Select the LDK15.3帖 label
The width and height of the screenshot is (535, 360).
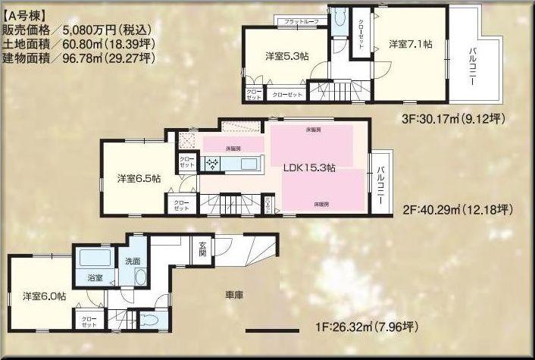(309, 168)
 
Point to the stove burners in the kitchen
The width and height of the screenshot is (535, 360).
(210, 162)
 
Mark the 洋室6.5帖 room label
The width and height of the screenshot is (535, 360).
(138, 179)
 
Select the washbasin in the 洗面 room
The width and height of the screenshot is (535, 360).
(139, 276)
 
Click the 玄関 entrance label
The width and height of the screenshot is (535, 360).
(203, 249)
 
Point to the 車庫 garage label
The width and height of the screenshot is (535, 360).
(233, 293)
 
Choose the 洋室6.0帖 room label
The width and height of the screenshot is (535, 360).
(43, 296)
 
